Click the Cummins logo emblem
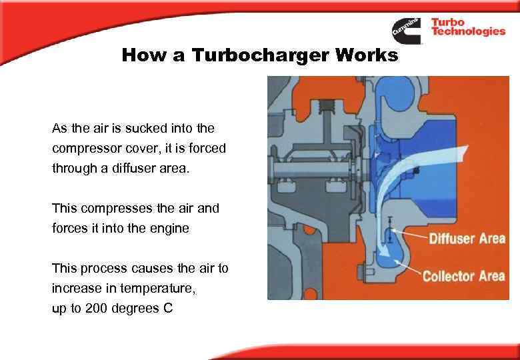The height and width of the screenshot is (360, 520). (x=406, y=30)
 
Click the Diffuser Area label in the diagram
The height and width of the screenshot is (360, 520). (x=466, y=238)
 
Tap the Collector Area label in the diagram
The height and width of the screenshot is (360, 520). (x=463, y=275)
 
